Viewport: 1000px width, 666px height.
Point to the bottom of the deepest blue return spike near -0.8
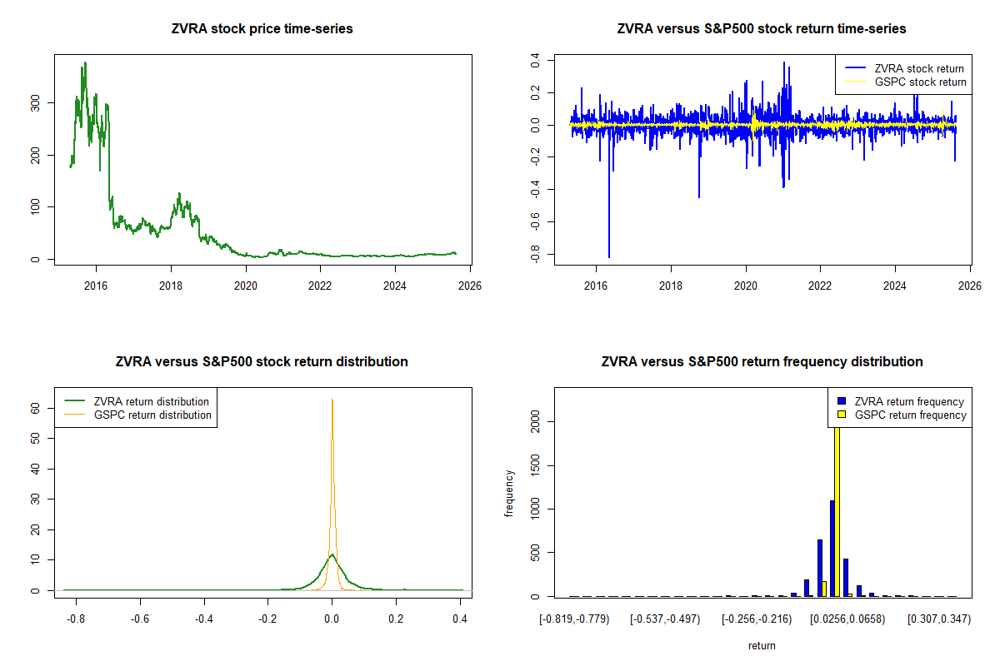click(609, 257)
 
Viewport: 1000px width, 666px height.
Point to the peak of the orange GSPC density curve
click(332, 400)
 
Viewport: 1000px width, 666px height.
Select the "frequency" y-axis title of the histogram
click(509, 494)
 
